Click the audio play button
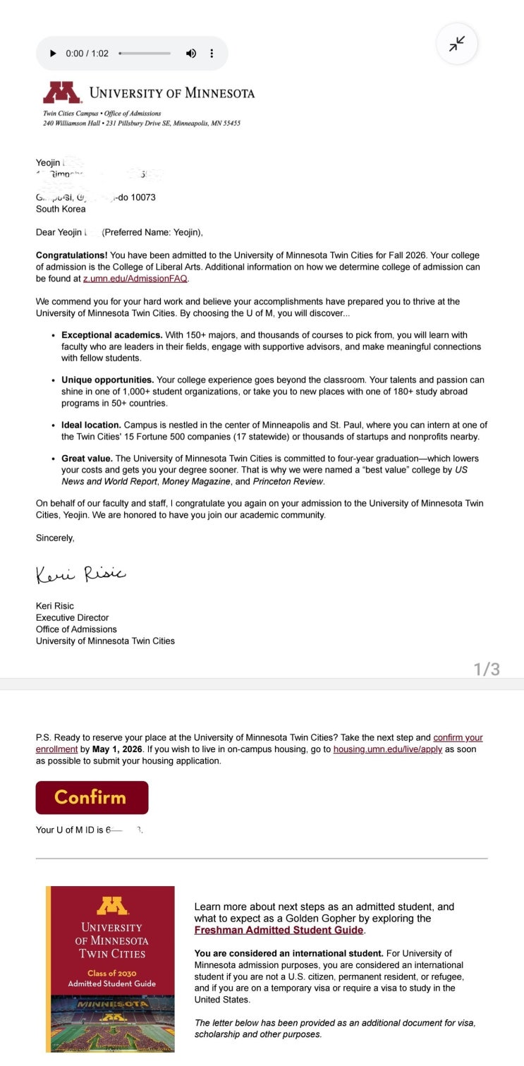[x=53, y=54]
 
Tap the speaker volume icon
[x=190, y=54]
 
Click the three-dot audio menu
[x=212, y=54]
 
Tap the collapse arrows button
[x=457, y=44]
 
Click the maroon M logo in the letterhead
[x=61, y=92]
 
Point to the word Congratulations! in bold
[x=71, y=255]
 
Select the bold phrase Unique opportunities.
[x=107, y=380]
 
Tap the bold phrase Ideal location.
[x=91, y=425]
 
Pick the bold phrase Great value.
[x=87, y=459]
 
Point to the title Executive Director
[x=72, y=617]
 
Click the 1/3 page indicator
[x=487, y=669]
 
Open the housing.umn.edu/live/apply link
[x=387, y=749]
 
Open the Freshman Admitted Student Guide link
[x=279, y=930]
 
